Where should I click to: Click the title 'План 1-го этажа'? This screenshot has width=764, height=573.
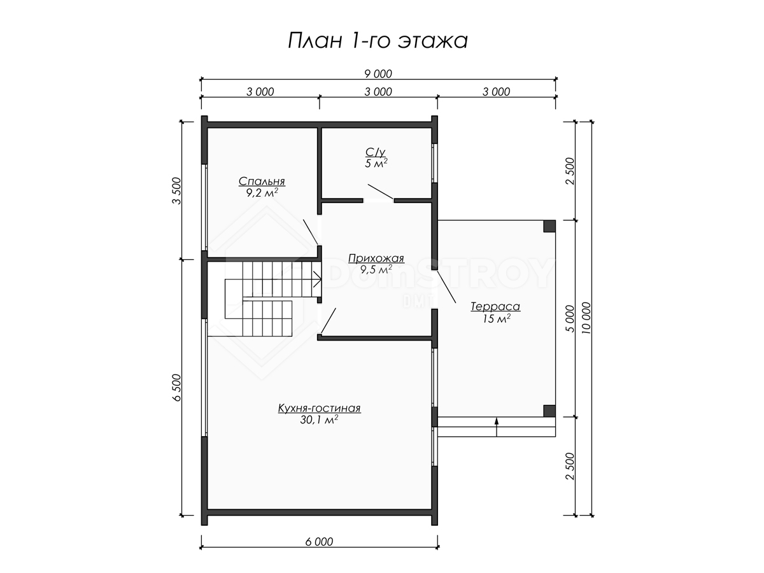pyautogui.click(x=378, y=41)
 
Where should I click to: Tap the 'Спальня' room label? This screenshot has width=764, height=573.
pyautogui.click(x=262, y=181)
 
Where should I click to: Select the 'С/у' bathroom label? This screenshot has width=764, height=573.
pyautogui.click(x=376, y=152)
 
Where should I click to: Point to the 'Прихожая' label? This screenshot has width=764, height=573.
pyautogui.click(x=376, y=258)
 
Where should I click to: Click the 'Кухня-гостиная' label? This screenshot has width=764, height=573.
pyautogui.click(x=319, y=407)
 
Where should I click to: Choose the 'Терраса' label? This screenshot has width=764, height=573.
pyautogui.click(x=495, y=306)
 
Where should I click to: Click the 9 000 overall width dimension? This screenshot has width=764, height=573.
pyautogui.click(x=378, y=74)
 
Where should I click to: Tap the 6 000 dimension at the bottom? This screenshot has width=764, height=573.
pyautogui.click(x=319, y=542)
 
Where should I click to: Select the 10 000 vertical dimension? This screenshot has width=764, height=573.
pyautogui.click(x=586, y=318)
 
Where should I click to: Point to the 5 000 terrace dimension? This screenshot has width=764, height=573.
pyautogui.click(x=570, y=318)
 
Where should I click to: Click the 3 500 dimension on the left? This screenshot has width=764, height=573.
pyautogui.click(x=176, y=190)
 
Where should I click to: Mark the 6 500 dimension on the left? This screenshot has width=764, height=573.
pyautogui.click(x=176, y=388)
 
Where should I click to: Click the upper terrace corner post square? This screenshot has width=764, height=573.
pyautogui.click(x=549, y=226)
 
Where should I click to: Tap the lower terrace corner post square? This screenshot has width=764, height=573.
pyautogui.click(x=549, y=411)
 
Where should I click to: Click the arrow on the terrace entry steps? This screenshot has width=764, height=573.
pyautogui.click(x=497, y=427)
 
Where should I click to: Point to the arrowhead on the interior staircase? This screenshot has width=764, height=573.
pyautogui.click(x=317, y=279)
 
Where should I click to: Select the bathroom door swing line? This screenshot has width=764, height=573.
pyautogui.click(x=381, y=192)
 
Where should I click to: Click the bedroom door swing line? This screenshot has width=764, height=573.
pyautogui.click(x=311, y=232)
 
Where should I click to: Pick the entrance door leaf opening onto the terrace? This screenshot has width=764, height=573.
pyautogui.click(x=446, y=286)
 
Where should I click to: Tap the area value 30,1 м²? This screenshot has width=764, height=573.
pyautogui.click(x=319, y=420)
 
